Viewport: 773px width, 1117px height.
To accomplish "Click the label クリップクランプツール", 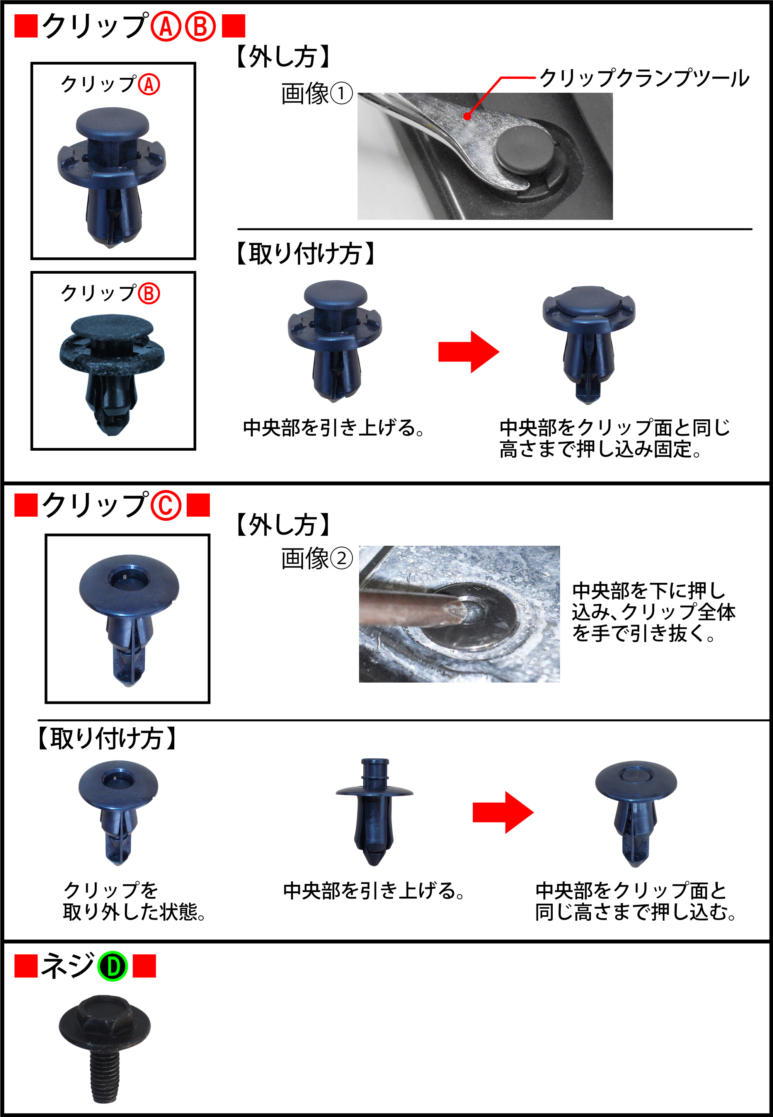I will click(644, 78).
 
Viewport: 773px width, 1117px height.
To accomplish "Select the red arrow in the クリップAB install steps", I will click(468, 352).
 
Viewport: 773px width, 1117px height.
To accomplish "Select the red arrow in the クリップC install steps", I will click(503, 812).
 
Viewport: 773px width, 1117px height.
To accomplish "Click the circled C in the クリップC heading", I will click(166, 506).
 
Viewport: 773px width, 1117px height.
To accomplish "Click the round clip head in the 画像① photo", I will click(524, 150).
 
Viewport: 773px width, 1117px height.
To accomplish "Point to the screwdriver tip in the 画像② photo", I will click(460, 611).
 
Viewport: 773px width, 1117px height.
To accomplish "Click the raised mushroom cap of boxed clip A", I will click(112, 124).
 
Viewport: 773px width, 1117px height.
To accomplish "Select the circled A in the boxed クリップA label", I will click(149, 85).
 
